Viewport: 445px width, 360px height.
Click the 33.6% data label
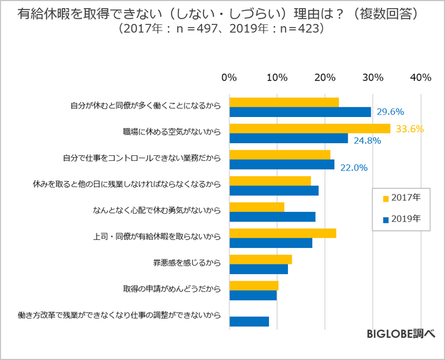(409, 128)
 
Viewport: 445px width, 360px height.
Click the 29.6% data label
(390, 112)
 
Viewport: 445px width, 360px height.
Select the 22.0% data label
(353, 167)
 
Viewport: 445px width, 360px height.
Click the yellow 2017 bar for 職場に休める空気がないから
(310, 128)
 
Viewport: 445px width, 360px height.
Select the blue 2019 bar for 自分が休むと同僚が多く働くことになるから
(300, 112)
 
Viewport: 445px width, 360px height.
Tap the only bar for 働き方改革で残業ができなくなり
(249, 321)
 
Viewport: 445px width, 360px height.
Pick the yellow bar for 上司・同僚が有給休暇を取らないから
(282, 233)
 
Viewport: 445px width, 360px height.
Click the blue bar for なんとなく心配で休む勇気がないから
(272, 216)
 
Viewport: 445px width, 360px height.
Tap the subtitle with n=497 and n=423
(222, 29)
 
